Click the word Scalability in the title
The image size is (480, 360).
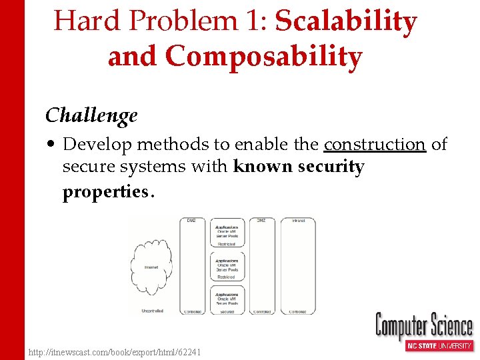(x=346, y=22)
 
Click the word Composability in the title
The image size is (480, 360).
(x=263, y=57)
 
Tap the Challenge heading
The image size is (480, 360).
(x=91, y=115)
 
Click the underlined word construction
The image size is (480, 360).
(x=375, y=145)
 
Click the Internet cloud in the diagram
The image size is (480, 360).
(x=153, y=267)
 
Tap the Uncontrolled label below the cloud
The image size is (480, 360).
(x=153, y=311)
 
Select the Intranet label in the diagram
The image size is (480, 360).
(x=298, y=221)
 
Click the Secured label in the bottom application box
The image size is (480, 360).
(x=227, y=311)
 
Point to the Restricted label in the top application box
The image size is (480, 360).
(x=227, y=244)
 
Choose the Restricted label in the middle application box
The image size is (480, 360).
(x=227, y=277)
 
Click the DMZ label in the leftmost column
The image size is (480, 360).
(x=191, y=221)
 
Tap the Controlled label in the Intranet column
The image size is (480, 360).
(x=298, y=311)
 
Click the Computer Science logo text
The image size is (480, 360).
(x=424, y=326)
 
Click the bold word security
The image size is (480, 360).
(x=331, y=167)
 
